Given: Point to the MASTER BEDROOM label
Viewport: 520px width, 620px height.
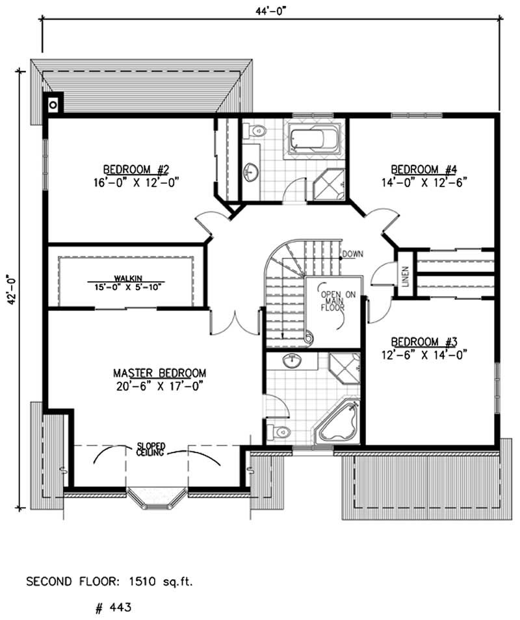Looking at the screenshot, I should point(160,373).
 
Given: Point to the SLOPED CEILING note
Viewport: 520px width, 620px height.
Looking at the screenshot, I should point(151,449).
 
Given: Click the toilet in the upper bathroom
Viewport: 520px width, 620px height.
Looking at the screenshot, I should point(255,131).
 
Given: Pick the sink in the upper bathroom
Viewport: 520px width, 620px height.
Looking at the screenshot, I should point(251,172).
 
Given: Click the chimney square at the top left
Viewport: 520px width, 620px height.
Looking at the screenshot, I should point(53,102).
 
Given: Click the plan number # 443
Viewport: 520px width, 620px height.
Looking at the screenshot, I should point(109,608).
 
